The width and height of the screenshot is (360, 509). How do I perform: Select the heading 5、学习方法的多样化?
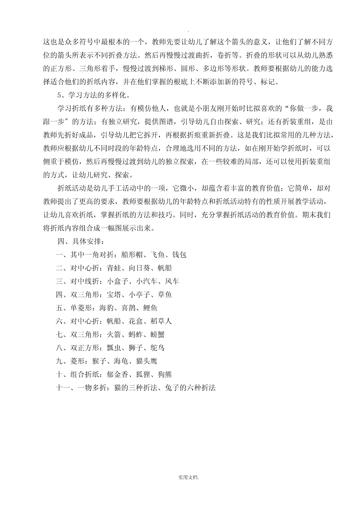[93, 96]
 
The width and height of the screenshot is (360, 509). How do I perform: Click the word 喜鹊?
[128, 308]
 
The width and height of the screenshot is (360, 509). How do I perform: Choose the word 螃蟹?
[157, 335]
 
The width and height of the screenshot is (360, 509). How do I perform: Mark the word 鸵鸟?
[157, 348]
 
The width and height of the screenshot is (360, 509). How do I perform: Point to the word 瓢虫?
[114, 348]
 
